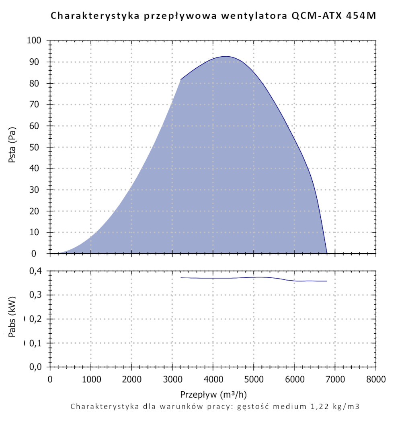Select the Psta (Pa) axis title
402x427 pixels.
click(12, 147)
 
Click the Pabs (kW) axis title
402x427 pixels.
click(12, 320)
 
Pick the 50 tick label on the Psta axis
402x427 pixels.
click(37, 147)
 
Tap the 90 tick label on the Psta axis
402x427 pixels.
click(37, 62)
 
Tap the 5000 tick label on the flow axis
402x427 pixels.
click(254, 379)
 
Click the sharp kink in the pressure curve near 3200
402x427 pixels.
click(180, 80)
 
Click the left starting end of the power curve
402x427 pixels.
click(180, 277)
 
